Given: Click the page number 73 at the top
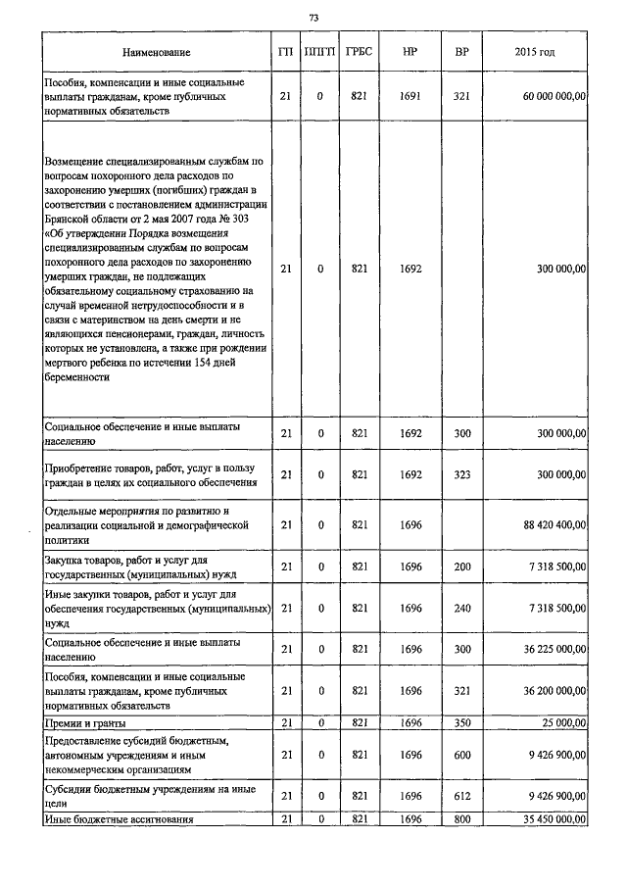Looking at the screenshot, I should point(313,18).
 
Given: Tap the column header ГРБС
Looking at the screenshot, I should point(359,51).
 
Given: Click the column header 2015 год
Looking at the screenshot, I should point(534,51).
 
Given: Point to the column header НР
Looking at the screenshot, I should point(410,51).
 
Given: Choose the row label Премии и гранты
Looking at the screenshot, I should point(85,722).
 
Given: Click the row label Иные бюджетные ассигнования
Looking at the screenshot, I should point(120,818).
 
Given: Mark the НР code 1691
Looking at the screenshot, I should point(410,97).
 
